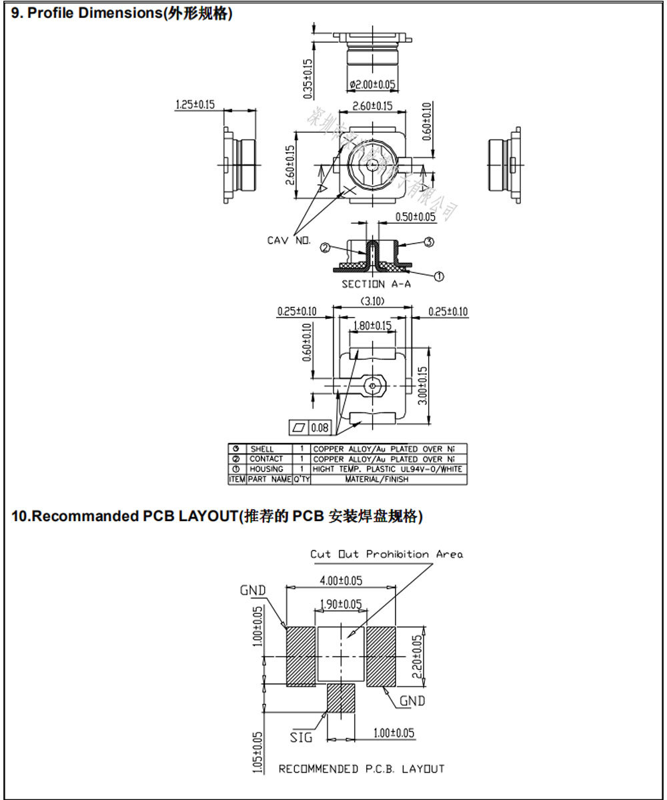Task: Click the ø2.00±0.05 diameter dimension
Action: (372, 84)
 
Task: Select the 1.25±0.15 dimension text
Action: (195, 104)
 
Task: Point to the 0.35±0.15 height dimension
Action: (307, 79)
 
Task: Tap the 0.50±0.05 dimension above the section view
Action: (415, 217)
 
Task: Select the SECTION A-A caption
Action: (376, 284)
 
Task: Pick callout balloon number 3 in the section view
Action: (429, 242)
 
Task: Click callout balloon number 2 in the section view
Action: (325, 248)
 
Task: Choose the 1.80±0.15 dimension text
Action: (373, 326)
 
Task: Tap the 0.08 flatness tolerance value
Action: (320, 428)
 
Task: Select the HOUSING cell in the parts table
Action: (266, 469)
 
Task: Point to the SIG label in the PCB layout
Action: (301, 737)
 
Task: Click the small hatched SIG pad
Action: (341, 698)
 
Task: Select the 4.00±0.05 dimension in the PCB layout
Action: (341, 580)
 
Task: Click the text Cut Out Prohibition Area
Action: (386, 554)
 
